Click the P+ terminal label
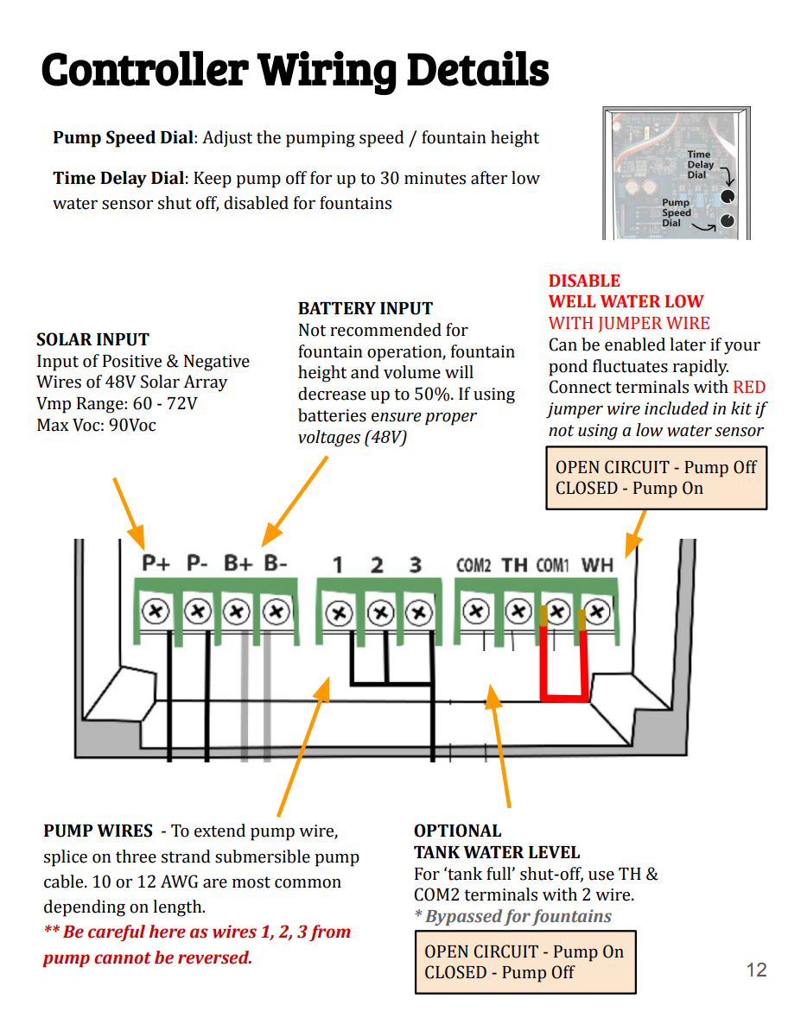coord(156,564)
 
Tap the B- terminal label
coord(276,564)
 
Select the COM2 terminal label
coord(473,566)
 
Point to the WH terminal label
coord(597,566)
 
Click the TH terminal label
coord(515,566)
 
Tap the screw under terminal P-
coord(198,612)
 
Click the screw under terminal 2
coord(380,613)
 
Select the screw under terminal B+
coord(237,612)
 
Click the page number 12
coord(756,970)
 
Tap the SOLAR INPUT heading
coord(92,339)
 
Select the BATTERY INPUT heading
coord(365,308)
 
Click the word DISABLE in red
coord(584,281)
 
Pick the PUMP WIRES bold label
coord(98,831)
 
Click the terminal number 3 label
coord(415,565)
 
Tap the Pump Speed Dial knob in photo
coord(728,221)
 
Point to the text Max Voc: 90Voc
coord(96,425)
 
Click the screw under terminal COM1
coord(557,612)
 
